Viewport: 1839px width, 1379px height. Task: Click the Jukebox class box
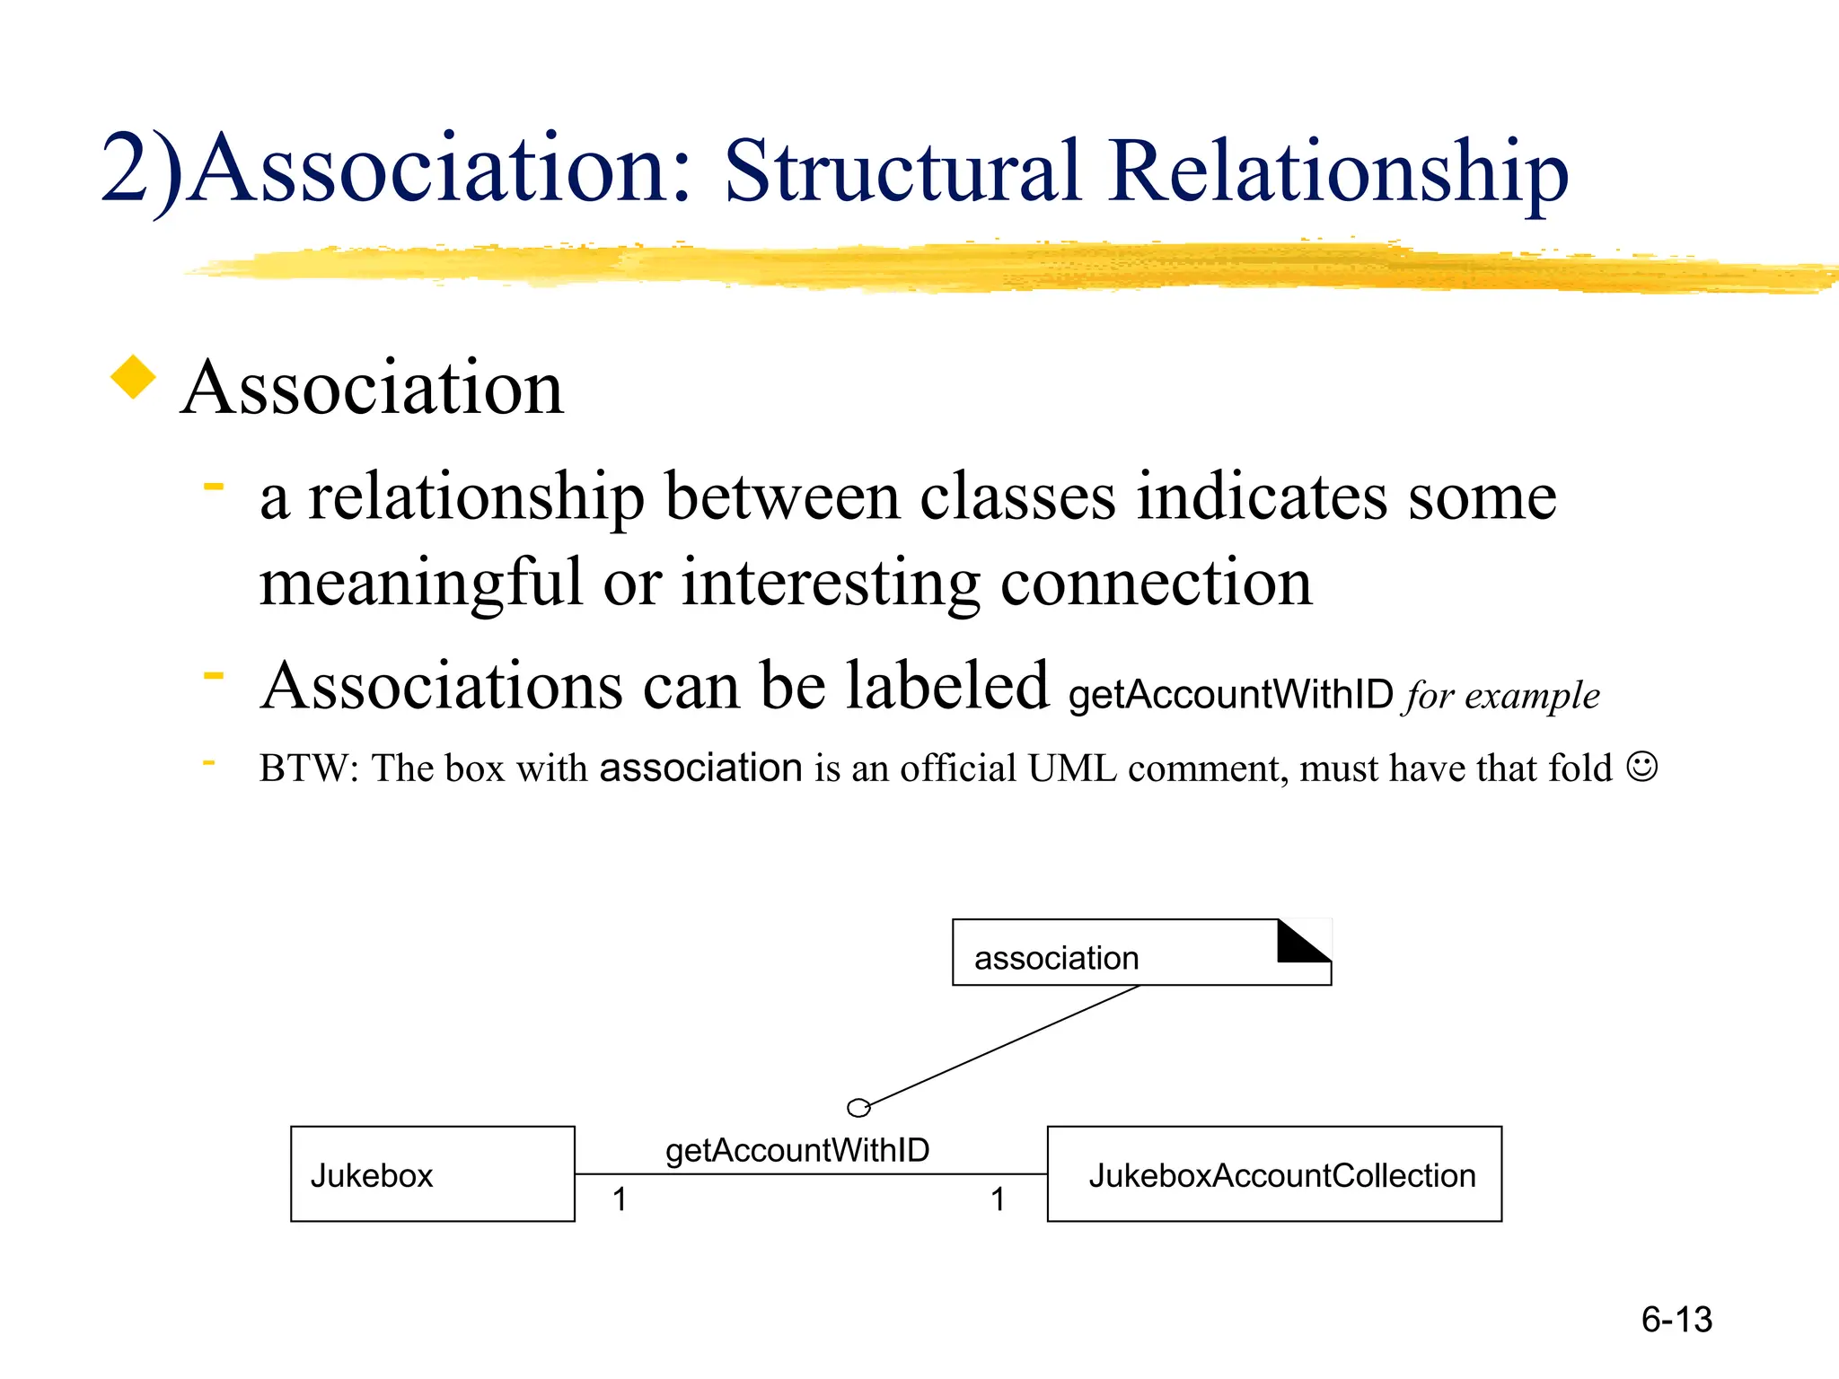432,1173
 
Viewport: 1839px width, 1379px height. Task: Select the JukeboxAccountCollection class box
1274,1173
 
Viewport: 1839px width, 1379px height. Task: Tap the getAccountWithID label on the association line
797,1150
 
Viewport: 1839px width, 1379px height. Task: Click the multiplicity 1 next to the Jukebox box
620,1199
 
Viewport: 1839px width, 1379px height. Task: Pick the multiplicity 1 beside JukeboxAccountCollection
998,1199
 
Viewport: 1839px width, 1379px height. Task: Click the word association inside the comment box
1056,958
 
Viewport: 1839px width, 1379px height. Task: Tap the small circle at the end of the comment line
858,1108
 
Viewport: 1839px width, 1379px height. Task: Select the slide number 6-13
1676,1320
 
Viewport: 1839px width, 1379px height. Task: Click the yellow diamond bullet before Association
133,377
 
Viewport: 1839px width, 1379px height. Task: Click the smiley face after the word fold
1641,767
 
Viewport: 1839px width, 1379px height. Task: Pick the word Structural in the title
902,171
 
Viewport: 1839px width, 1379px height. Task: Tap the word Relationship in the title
1338,171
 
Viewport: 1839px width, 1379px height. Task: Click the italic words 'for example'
1502,696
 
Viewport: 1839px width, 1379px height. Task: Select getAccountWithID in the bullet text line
1230,695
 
